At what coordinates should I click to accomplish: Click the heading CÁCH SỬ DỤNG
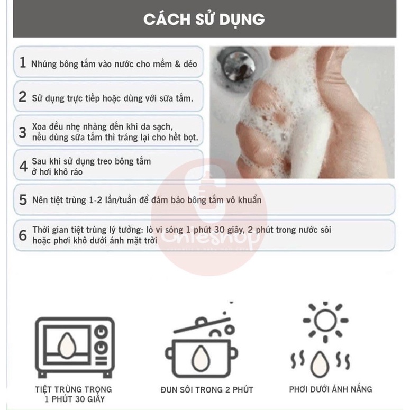coord(204,20)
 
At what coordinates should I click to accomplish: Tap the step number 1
coord(22,63)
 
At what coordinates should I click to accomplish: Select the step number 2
coord(22,97)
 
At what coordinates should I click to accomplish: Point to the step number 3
coord(22,132)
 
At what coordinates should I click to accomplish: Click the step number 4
coord(23,166)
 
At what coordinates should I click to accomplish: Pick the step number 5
coord(23,200)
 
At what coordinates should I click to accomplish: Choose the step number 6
coord(23,235)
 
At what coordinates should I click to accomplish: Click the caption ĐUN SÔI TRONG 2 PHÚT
coord(207,390)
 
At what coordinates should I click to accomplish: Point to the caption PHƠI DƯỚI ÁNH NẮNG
coord(331,389)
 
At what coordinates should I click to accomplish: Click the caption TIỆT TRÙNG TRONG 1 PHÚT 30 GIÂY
coord(74,394)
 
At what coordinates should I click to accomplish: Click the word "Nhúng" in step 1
coord(44,64)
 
